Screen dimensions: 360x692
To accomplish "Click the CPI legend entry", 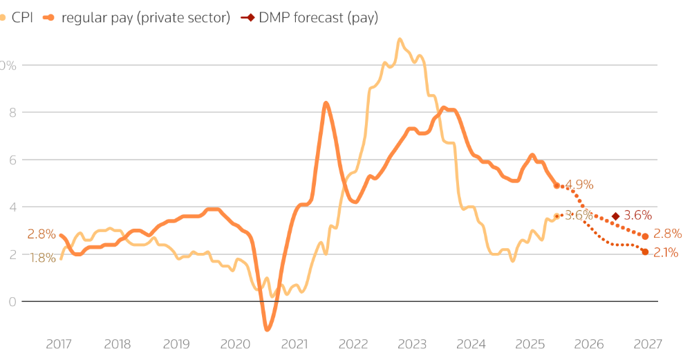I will tap(21, 18).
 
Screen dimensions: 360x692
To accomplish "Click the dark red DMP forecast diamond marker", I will tap(615, 216).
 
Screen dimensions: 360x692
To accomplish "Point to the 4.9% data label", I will tap(579, 184).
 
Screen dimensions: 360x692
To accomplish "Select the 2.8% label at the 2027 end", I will tap(667, 234).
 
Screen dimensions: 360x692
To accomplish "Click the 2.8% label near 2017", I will tap(41, 234).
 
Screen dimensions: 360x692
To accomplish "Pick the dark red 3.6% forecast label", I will tap(638, 216).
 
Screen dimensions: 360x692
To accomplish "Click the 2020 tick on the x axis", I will tap(236, 344).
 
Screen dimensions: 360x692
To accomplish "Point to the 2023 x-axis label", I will tap(413, 344).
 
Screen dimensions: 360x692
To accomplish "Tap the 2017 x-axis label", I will tap(59, 344).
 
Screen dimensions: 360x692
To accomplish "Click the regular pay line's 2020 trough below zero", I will tap(267, 329).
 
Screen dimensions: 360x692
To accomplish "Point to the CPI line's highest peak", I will tap(400, 39).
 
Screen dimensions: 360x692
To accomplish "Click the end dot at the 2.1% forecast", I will tap(645, 252).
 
